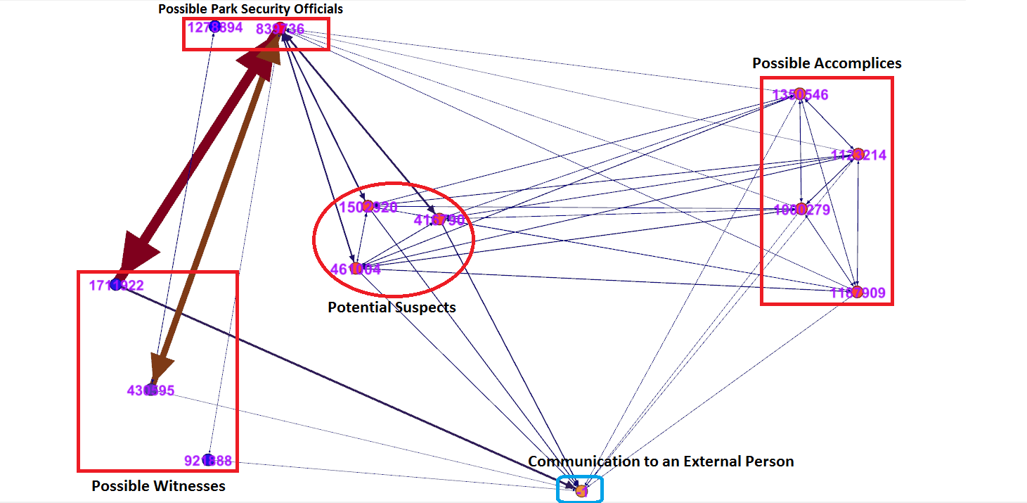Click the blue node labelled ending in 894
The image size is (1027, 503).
215,27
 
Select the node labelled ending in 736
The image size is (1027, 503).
279,28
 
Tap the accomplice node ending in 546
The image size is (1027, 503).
799,94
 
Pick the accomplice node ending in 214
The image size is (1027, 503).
858,154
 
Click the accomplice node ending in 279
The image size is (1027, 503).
800,208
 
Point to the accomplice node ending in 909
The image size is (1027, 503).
857,291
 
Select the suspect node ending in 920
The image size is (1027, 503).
368,206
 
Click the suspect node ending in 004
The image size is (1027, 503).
356,268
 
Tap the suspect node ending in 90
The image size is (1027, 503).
439,219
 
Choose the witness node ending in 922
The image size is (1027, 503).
116,285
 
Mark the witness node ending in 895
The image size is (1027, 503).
150,390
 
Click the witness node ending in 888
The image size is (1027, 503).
207,460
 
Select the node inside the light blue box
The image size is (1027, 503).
581,491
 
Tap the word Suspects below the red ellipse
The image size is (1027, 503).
425,307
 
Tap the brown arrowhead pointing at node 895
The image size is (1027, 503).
161,367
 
